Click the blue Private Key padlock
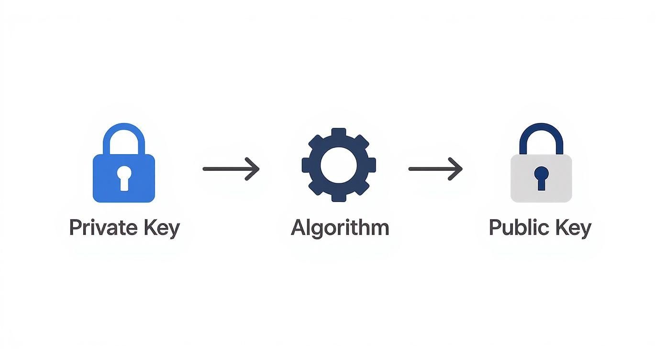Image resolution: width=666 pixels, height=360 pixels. (123, 178)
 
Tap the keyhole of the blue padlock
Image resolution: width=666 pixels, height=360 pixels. (124, 178)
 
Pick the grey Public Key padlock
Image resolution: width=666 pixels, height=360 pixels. (541, 178)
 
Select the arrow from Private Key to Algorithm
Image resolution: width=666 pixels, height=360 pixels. (231, 169)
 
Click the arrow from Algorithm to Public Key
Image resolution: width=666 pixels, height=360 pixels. (435, 169)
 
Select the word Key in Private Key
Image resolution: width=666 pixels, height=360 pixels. (162, 228)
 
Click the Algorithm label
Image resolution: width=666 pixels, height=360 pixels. (340, 228)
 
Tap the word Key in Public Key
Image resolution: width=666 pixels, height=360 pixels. (574, 228)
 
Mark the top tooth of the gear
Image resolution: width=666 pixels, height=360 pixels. (339, 132)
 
